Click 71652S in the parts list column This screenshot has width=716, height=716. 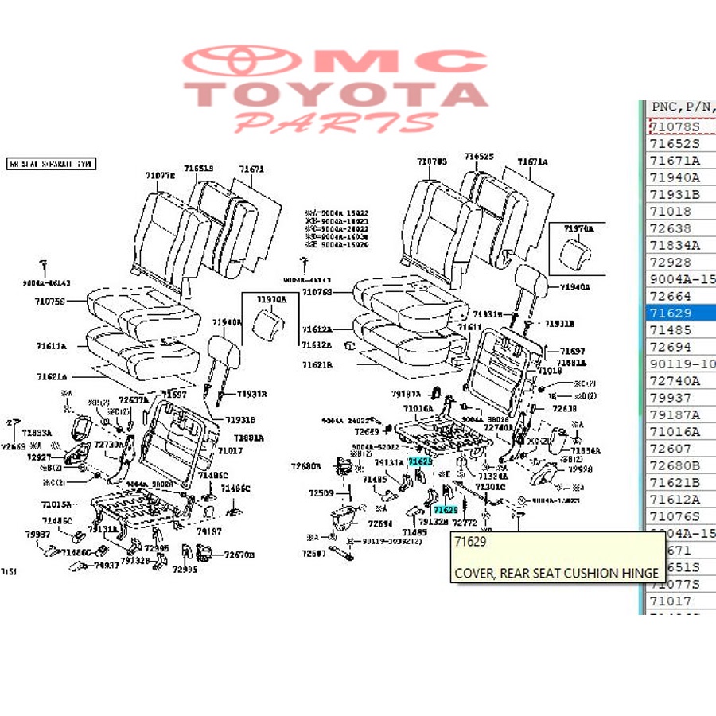pos(675,144)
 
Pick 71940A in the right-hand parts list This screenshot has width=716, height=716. pos(675,177)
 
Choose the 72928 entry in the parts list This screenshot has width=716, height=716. pos(671,263)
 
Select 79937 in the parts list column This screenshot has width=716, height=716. pos(671,398)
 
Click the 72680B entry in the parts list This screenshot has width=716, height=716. pos(675,465)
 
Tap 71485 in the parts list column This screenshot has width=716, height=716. pos(671,330)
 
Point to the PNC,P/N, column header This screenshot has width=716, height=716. pos(681,107)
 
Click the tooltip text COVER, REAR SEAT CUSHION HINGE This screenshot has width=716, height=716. pos(557,573)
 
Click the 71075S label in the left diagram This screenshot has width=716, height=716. pos(49,302)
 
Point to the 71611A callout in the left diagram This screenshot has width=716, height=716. pos(51,346)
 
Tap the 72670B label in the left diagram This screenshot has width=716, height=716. pos(239,555)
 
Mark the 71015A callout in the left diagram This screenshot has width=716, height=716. pos(56,504)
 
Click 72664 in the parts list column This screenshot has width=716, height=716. pos(671,296)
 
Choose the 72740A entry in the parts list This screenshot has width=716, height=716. pos(675,381)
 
